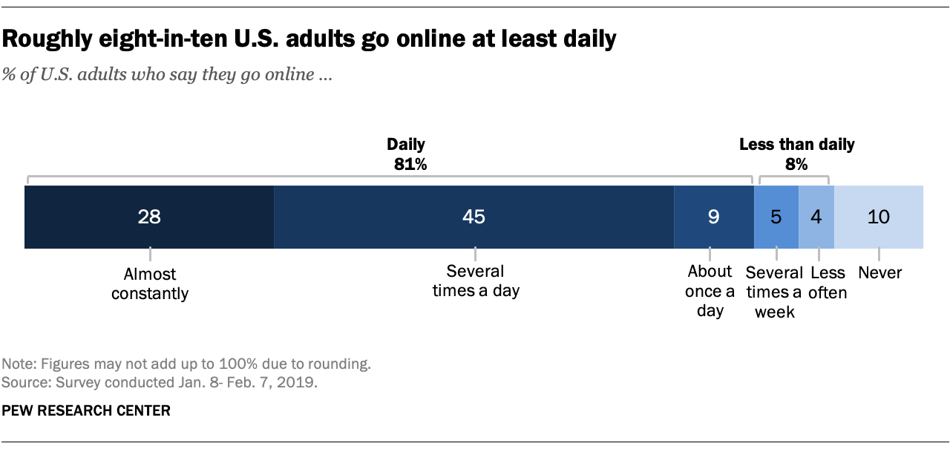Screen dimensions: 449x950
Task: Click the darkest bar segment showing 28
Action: (x=149, y=217)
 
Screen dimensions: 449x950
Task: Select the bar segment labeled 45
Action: (x=474, y=217)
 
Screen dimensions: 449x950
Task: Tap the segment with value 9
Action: (x=713, y=217)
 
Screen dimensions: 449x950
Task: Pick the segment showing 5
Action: (x=776, y=217)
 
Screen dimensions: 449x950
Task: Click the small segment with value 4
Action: (x=816, y=217)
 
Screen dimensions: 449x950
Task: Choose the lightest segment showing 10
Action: (x=879, y=217)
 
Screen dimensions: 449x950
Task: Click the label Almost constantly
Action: (x=150, y=284)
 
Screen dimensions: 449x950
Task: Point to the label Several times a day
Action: (x=476, y=281)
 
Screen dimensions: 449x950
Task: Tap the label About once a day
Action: (x=710, y=291)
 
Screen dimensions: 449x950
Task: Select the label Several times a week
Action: (x=775, y=292)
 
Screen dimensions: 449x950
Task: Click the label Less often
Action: (x=828, y=282)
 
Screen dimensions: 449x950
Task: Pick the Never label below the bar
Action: (x=879, y=273)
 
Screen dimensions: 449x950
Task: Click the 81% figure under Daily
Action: (x=410, y=165)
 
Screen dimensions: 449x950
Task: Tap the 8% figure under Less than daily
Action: (x=796, y=165)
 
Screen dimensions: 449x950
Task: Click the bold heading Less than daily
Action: (x=796, y=145)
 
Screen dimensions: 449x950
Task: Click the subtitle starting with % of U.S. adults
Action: (x=167, y=76)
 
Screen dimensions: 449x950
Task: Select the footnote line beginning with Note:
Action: (x=186, y=364)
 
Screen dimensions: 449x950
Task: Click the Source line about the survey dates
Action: (x=160, y=383)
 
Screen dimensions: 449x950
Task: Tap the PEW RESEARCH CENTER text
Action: (x=86, y=410)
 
